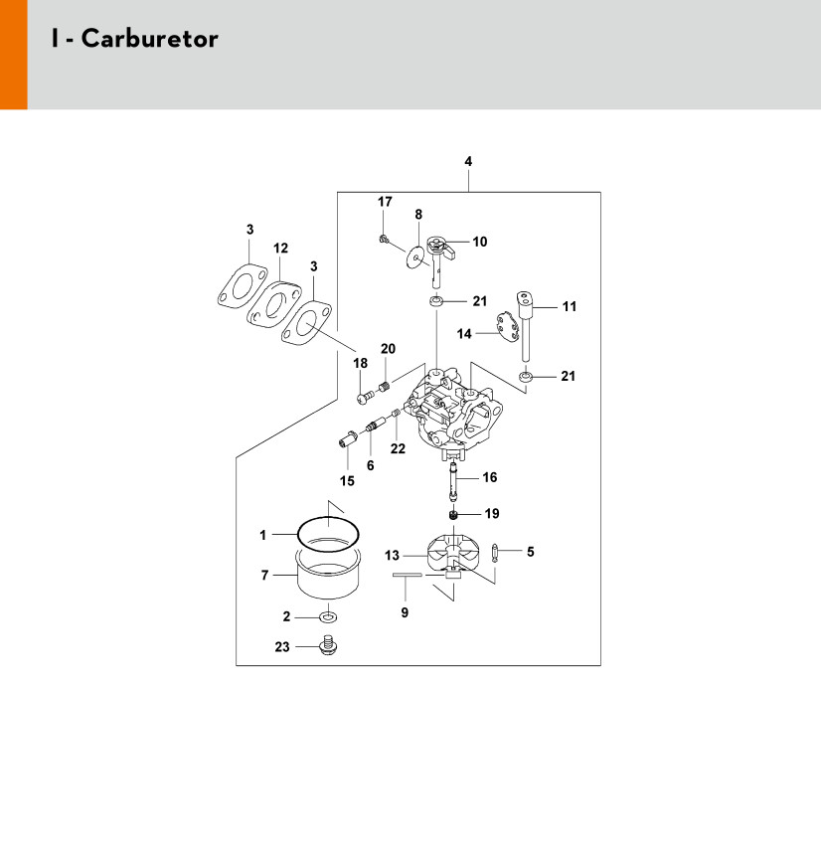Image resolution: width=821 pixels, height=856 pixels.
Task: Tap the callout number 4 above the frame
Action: (468, 161)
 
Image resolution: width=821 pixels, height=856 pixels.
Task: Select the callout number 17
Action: (385, 202)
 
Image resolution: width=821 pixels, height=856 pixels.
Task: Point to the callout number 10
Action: (480, 242)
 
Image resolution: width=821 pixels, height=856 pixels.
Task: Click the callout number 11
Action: (570, 307)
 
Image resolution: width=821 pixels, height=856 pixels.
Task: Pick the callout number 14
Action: (463, 334)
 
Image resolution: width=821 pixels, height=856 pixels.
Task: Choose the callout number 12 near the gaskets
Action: (280, 248)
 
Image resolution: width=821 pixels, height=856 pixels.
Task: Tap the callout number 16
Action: (489, 477)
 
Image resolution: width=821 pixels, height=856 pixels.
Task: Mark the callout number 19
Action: (491, 514)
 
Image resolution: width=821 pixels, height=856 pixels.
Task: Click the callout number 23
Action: (281, 647)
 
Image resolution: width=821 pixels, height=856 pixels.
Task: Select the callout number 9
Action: (405, 613)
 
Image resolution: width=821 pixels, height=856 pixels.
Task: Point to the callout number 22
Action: (399, 448)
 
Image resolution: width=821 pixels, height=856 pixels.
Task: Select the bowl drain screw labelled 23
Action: (326, 647)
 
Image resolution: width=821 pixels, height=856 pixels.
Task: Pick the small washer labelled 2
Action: (327, 617)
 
